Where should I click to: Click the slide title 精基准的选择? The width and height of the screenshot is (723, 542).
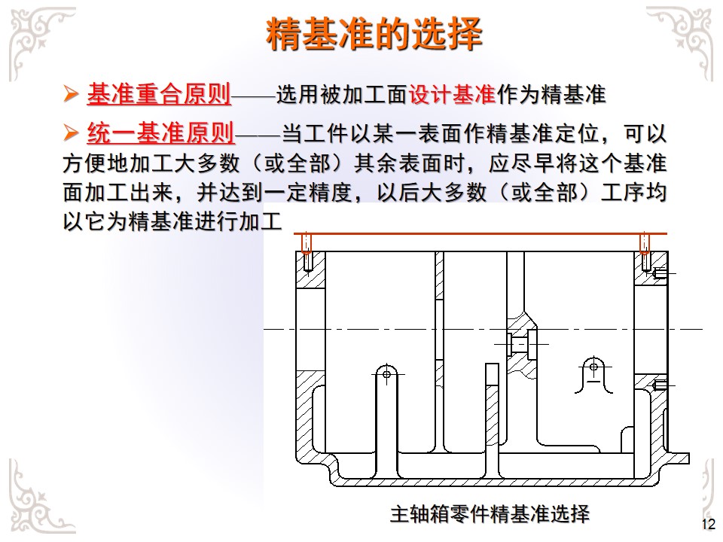(374, 34)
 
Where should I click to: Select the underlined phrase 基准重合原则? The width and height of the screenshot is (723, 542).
(159, 95)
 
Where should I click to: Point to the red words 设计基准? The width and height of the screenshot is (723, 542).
(451, 96)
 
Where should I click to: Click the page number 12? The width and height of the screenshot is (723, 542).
(707, 525)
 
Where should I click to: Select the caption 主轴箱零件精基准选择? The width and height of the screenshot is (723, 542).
(490, 515)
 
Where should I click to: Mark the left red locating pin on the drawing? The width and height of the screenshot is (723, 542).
(307, 244)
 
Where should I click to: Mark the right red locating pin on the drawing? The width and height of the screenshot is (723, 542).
(645, 244)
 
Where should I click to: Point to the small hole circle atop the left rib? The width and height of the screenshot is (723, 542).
(386, 373)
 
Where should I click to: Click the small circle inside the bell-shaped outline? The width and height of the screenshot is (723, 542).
(593, 367)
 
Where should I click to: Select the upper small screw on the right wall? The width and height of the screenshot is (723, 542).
(660, 273)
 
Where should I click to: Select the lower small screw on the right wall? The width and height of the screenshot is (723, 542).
(660, 385)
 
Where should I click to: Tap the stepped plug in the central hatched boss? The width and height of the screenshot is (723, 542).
(520, 343)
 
